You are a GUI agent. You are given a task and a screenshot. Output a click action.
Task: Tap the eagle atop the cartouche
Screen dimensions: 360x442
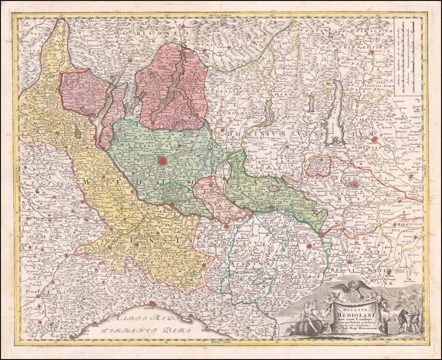coord(350,290)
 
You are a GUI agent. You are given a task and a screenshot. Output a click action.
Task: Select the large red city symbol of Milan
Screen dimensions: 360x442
coord(163,162)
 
